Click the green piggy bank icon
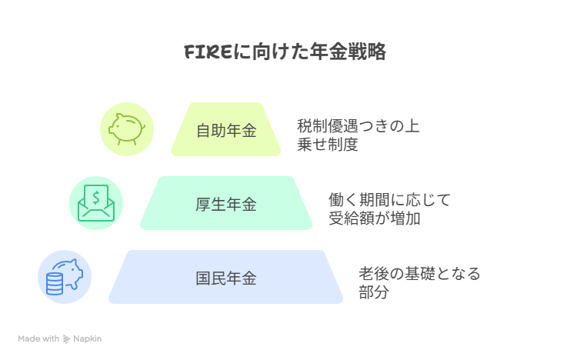tap(126, 129)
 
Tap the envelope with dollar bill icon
tap(95, 203)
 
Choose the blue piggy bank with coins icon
tap(65, 277)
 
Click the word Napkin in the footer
tap(88, 338)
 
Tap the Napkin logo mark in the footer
tap(67, 338)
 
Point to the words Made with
tap(39, 338)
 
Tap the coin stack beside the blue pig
tap(55, 284)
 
